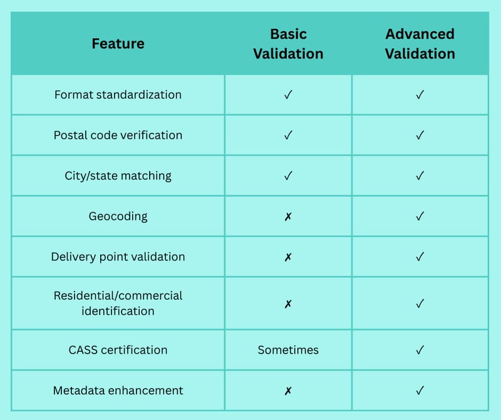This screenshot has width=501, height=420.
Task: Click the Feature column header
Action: [118, 43]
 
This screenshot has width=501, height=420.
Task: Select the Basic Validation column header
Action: [288, 44]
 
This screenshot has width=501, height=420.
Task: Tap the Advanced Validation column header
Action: [420, 44]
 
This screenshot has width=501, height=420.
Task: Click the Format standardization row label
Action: [118, 95]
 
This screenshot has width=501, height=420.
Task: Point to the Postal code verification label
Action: [118, 135]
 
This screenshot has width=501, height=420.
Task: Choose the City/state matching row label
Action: [118, 176]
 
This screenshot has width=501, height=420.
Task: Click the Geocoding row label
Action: [118, 216]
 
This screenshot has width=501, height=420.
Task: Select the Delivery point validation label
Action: [118, 257]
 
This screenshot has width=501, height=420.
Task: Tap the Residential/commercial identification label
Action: [118, 303]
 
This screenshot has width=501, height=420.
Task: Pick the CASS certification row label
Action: [118, 350]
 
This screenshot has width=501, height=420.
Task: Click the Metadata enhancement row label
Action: [118, 391]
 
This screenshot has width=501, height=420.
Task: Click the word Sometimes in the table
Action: [288, 350]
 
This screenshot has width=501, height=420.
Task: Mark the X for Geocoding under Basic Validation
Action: [288, 217]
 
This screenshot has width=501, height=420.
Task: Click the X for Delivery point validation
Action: [288, 257]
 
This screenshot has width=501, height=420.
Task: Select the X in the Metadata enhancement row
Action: [288, 391]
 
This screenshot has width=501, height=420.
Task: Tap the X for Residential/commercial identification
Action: [288, 304]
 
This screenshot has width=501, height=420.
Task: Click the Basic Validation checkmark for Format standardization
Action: [288, 95]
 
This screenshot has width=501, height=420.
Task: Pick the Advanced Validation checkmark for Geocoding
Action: [420, 216]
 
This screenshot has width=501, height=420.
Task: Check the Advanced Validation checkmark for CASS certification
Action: [420, 350]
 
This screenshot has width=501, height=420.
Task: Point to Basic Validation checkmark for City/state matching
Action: [288, 176]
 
